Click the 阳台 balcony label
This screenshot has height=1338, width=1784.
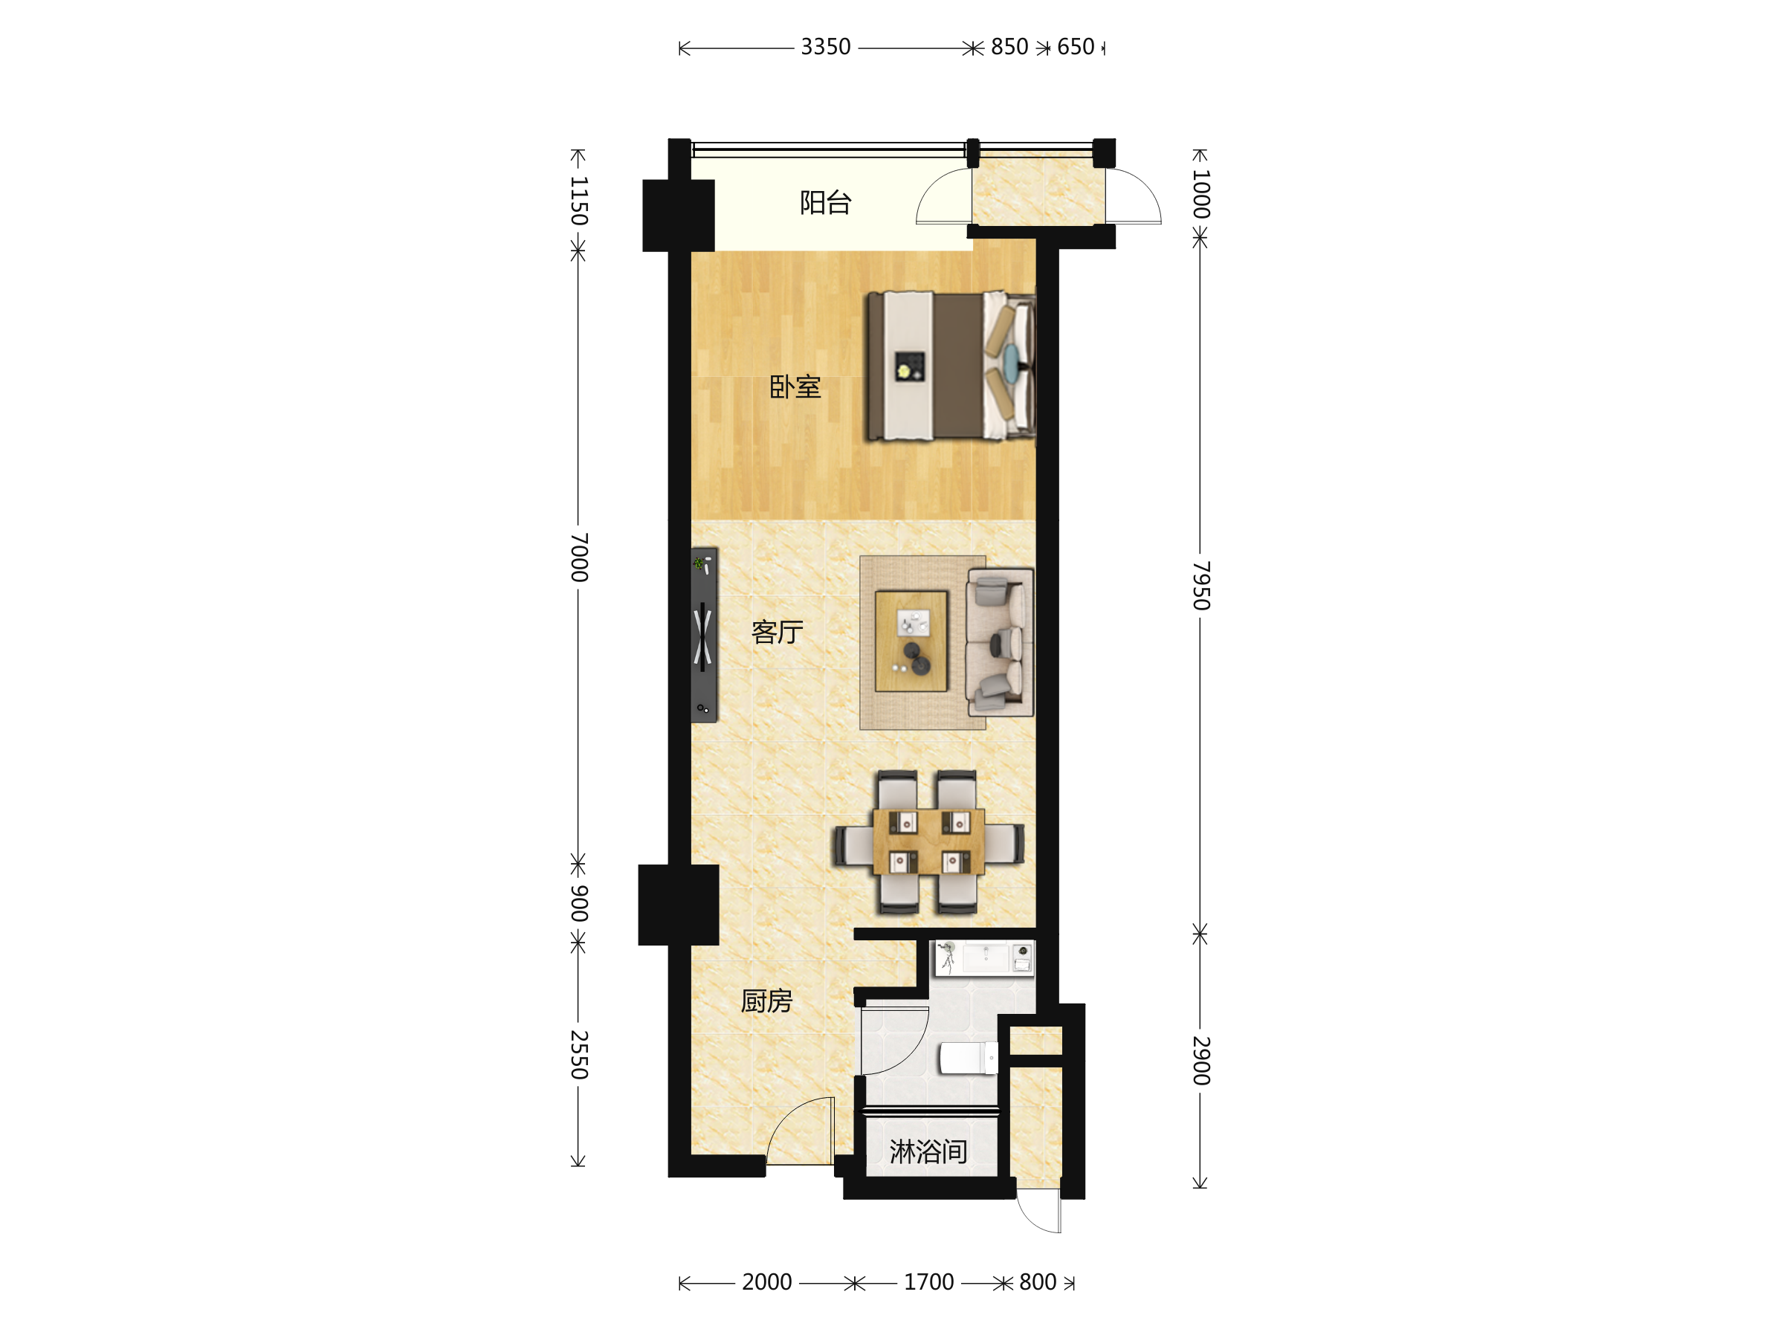825,202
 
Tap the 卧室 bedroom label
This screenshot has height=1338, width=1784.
795,387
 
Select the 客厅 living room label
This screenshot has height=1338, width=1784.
778,632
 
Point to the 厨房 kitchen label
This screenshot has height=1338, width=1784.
766,1001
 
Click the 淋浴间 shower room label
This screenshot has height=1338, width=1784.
928,1151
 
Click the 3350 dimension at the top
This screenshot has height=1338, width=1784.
825,47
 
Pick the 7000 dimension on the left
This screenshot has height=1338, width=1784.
579,557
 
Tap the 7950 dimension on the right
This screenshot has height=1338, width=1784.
1201,586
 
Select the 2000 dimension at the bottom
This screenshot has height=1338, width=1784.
766,1282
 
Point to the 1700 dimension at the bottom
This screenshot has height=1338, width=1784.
928,1282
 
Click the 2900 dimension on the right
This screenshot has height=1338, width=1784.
1201,1061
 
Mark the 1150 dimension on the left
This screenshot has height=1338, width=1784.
579,201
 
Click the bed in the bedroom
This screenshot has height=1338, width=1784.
951,366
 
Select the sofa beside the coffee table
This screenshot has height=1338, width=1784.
1000,642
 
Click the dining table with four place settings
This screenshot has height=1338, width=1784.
928,842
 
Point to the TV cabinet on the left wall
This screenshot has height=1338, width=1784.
703,635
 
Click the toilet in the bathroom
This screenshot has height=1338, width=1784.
969,1059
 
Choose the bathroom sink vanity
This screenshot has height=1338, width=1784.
984,958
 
